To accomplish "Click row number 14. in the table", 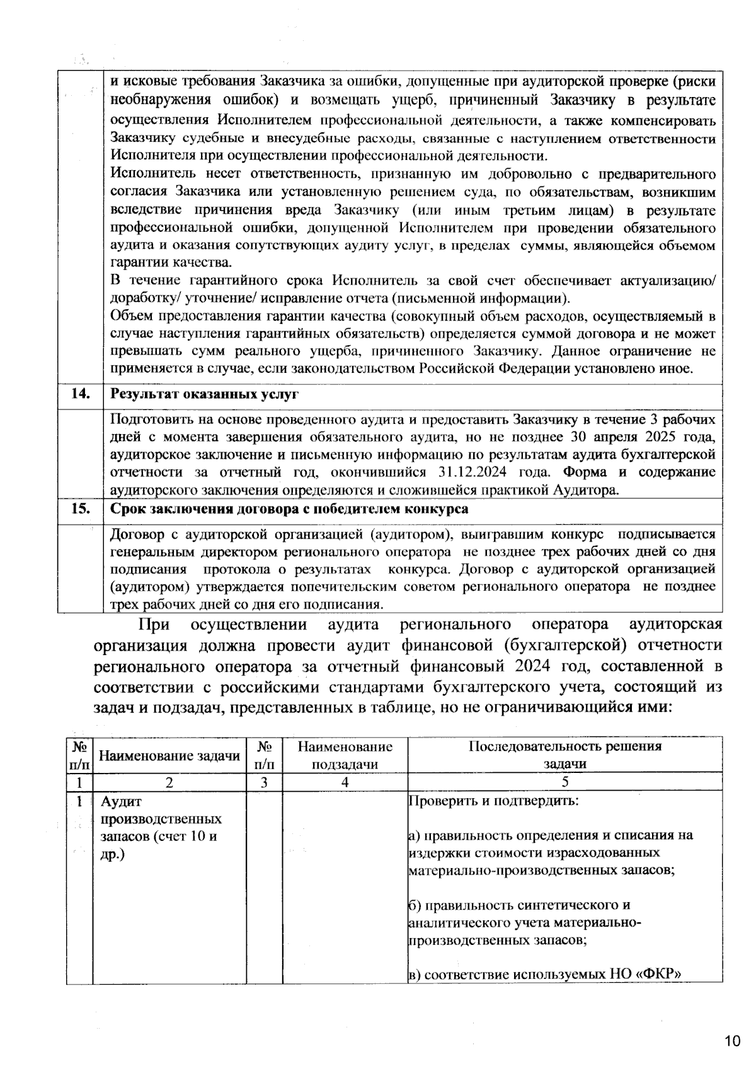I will point(80,394).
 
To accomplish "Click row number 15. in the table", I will point(80,508).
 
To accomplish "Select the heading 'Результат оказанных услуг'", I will point(204,394).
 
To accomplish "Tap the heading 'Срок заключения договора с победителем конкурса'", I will point(289,509).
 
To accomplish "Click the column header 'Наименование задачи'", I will point(169,755).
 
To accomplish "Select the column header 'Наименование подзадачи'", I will point(345,755).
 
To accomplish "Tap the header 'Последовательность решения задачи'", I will point(564,755).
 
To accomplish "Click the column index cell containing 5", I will point(564,782).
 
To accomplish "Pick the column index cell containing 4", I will point(345,782).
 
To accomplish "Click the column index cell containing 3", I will point(264,782).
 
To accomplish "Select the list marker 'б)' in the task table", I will point(415,905).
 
